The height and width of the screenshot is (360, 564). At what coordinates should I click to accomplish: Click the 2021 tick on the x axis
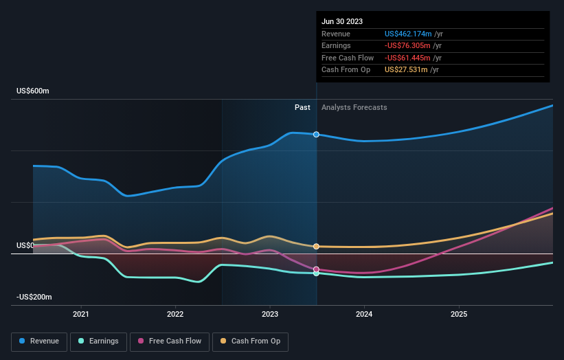(81, 314)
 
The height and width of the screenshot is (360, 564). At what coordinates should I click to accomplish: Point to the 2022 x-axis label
(175, 314)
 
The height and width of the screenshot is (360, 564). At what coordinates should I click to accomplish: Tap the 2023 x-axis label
(270, 314)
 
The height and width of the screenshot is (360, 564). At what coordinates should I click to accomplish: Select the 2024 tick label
(364, 314)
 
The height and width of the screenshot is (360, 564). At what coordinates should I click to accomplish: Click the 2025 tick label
(459, 314)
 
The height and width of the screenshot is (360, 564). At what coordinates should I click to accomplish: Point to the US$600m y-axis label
(33, 91)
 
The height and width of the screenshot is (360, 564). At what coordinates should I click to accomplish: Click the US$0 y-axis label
(25, 245)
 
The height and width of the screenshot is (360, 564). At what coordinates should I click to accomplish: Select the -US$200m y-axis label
(34, 297)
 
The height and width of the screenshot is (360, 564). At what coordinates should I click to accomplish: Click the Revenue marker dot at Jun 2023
(316, 134)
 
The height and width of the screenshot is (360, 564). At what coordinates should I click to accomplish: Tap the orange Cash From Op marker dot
(316, 246)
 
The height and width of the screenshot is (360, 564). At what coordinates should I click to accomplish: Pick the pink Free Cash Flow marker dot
(316, 269)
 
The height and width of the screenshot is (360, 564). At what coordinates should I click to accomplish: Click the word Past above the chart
(302, 107)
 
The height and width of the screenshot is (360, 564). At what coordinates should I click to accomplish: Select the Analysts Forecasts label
(354, 107)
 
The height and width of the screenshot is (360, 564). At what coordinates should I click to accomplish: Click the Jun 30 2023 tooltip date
(341, 21)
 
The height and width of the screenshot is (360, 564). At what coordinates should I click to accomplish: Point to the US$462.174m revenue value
(408, 34)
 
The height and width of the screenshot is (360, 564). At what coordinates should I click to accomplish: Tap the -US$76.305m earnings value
(409, 45)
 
